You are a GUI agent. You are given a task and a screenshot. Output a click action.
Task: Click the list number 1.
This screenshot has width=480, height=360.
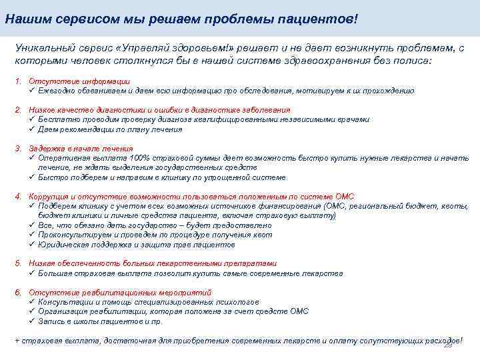pos(18,81)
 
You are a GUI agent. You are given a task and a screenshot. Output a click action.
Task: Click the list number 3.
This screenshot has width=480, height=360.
pos(18,148)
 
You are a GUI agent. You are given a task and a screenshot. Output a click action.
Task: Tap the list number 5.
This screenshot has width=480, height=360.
pos(18,263)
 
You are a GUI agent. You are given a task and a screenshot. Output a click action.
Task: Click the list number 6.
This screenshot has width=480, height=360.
pos(18,292)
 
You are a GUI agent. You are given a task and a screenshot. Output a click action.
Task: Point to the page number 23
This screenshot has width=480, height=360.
pos(448,345)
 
